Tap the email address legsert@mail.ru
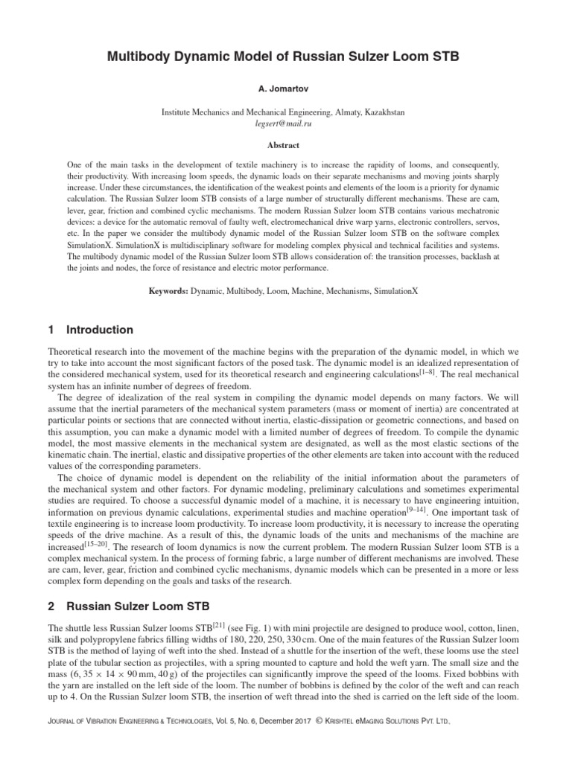[285, 124]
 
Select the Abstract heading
[285, 147]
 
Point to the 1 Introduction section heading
[90, 330]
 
